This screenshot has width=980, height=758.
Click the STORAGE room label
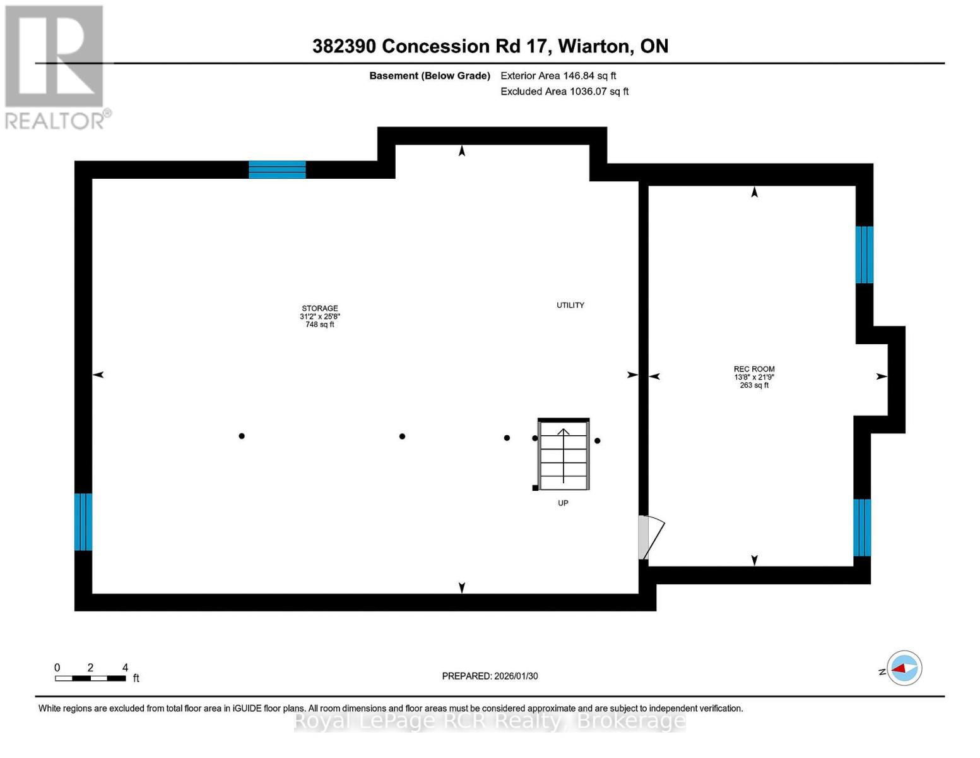coord(319,308)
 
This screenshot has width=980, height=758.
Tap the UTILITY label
coord(570,305)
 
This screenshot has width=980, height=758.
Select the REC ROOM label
coord(754,369)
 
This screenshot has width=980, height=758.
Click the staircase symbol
coord(564,454)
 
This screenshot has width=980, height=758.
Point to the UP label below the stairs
coord(563,503)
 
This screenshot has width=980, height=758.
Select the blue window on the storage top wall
coord(277,169)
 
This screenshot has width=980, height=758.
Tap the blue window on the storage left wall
coord(83,522)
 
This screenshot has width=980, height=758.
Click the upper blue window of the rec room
coord(865,255)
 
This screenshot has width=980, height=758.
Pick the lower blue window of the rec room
coord(862,527)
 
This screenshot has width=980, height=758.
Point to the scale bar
coord(90,678)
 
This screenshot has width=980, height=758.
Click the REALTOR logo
coord(56,67)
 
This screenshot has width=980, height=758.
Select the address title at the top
coord(490,46)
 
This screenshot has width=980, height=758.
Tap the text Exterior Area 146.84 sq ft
coord(558,76)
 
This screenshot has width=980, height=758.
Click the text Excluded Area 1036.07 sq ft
coord(564,92)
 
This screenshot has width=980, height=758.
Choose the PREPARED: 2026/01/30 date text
coord(490,676)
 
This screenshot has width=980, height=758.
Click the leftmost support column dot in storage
coord(242,436)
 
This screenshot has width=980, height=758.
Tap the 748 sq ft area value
coord(319,325)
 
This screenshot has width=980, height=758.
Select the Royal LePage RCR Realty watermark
coord(490,721)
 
